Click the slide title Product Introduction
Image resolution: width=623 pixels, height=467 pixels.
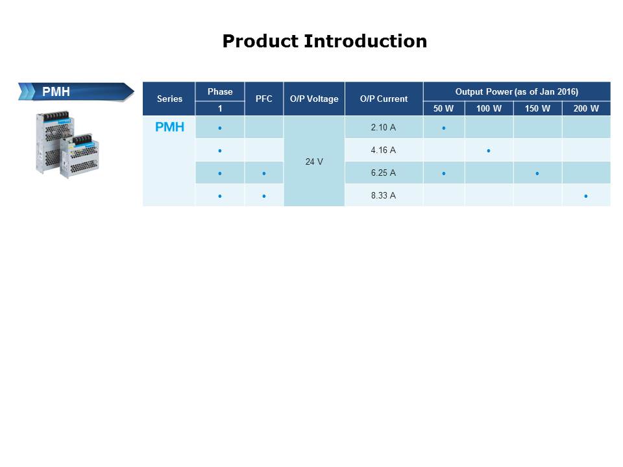pos(324,42)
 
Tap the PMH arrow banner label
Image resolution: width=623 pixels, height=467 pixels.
pos(56,92)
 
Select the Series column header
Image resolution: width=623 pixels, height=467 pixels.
pos(169,99)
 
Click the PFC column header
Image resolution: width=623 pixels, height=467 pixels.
pos(264,99)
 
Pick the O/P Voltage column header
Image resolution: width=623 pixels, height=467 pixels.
pos(314,99)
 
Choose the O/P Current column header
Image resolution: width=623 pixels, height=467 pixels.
pos(384,99)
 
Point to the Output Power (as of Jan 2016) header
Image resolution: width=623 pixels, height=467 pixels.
pos(517,91)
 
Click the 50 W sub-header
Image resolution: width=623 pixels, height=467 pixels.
pos(444,108)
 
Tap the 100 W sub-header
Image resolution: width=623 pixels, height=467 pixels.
pos(489,108)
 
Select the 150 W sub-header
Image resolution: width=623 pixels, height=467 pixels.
pos(537,108)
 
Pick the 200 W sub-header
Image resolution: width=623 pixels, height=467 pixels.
pos(586,108)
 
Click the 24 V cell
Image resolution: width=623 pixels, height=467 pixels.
pos(314,162)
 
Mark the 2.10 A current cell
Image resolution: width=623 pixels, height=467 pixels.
pos(384,128)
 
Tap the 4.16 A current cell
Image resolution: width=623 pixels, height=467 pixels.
pos(384,150)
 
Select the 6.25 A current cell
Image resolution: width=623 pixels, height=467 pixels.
pos(384,173)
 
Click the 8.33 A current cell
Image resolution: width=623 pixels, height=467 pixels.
pos(384,195)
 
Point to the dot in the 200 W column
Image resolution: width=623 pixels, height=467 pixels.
pos(586,196)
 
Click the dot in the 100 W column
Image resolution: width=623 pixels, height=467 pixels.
pos(489,151)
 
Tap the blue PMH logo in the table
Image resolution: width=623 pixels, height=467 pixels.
pos(169,128)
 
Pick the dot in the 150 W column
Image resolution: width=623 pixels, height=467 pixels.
pos(537,174)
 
